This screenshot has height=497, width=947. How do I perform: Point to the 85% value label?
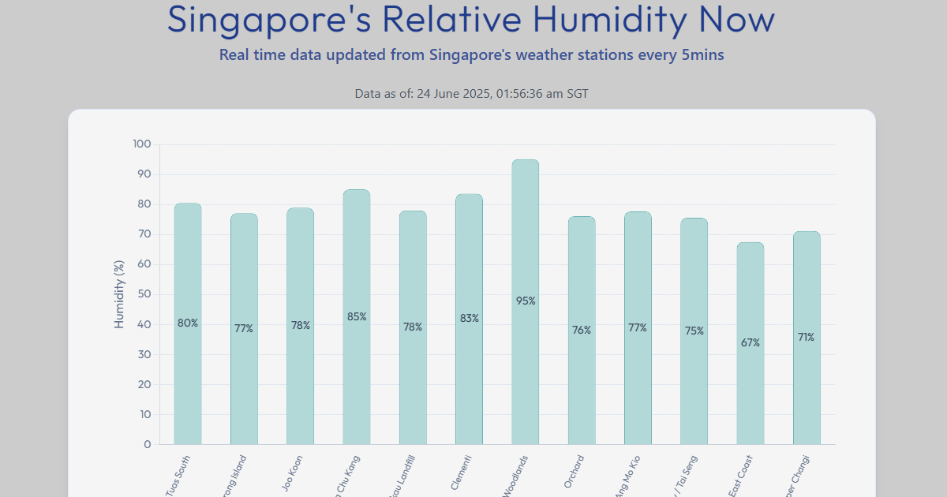tap(357, 317)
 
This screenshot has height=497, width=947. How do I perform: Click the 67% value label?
tap(750, 343)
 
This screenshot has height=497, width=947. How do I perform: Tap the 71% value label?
tap(806, 338)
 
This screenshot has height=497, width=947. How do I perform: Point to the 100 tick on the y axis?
tap(142, 144)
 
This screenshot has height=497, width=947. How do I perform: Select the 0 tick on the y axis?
tap(147, 444)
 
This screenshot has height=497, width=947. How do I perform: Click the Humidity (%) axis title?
tap(120, 294)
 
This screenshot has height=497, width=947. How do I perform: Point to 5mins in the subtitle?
tap(702, 55)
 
